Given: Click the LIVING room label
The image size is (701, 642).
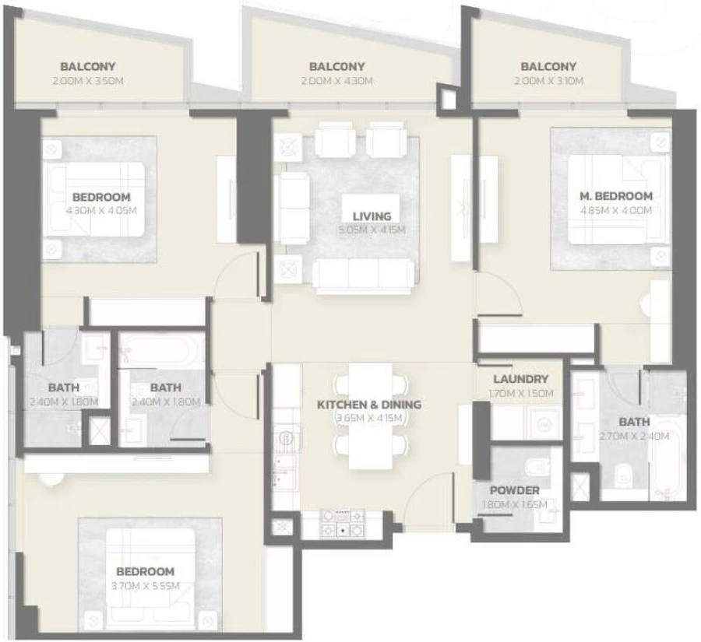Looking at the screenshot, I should click(371, 216).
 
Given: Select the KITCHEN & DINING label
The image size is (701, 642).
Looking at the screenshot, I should click(368, 405).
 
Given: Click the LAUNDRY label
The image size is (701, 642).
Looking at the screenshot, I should click(521, 379).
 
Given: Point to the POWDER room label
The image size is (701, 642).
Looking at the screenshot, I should click(514, 491).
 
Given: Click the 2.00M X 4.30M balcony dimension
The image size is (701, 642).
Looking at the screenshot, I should click(336, 81).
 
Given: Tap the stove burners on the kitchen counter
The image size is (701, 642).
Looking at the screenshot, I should click(343, 523).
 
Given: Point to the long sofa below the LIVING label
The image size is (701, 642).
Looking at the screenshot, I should click(364, 275).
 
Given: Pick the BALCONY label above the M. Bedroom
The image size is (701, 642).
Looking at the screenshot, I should click(548, 67).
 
